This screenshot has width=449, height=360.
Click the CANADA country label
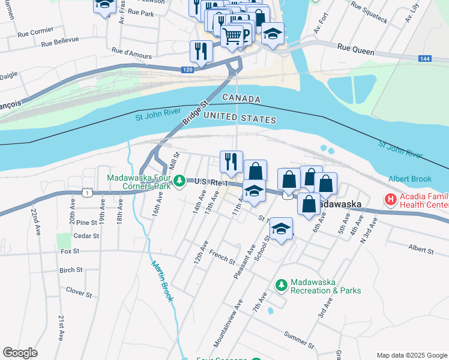pyautogui.click(x=241, y=98)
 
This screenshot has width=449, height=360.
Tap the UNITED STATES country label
pyautogui.click(x=240, y=118)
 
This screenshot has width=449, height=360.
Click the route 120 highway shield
pyautogui.click(x=188, y=70)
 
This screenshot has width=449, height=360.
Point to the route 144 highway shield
pyautogui.click(x=424, y=58)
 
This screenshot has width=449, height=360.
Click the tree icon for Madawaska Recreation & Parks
pyautogui.click(x=280, y=284)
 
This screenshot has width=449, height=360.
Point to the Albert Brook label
pyautogui.click(x=410, y=179)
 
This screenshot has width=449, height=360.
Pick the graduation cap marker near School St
pyautogui.click(x=280, y=228)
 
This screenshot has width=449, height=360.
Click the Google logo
pyautogui.click(x=20, y=353)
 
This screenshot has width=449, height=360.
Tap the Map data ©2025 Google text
pyautogui.click(x=411, y=355)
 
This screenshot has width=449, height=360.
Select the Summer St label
pyautogui.click(x=298, y=340)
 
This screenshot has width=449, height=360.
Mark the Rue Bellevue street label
pyautogui.click(x=58, y=41)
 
